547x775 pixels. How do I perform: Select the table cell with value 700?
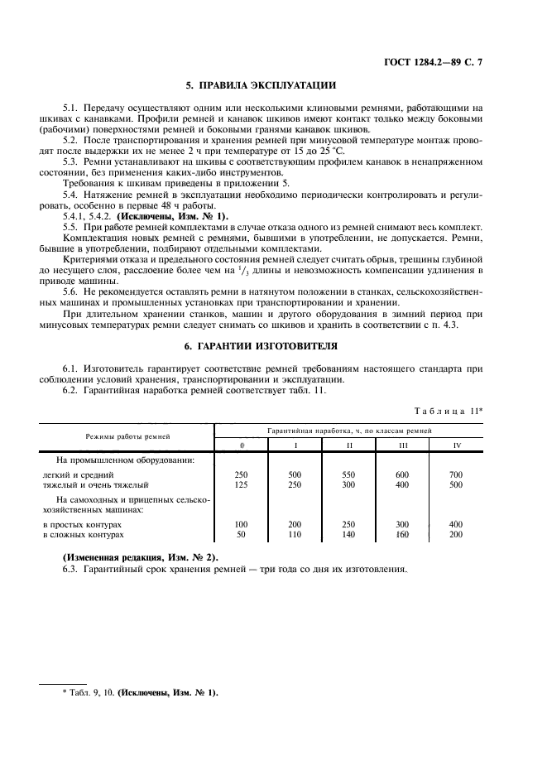pyautogui.click(x=457, y=474)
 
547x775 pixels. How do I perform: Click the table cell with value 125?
pyautogui.click(x=242, y=485)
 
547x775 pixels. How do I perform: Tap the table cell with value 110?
pyautogui.click(x=295, y=535)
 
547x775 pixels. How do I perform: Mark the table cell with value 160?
pyautogui.click(x=403, y=535)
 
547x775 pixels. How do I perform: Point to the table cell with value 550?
pyautogui.click(x=349, y=474)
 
